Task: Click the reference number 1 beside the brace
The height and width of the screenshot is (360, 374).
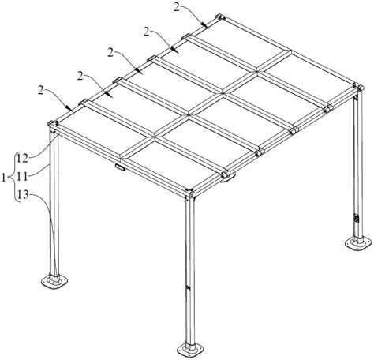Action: coord(3,178)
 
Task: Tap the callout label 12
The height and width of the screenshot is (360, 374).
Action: coord(23,159)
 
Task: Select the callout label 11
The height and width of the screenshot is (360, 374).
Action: coord(22,177)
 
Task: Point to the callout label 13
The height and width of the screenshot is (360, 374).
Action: coord(23,195)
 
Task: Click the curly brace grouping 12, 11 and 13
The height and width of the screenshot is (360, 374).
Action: coord(13,177)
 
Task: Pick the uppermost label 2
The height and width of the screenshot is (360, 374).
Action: coord(177,7)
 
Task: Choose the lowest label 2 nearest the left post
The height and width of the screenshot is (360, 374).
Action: coord(41,90)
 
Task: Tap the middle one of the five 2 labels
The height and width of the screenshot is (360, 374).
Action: coord(110,53)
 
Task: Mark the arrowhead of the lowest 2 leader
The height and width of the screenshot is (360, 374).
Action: coord(69,109)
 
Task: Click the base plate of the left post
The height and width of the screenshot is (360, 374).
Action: coord(54,282)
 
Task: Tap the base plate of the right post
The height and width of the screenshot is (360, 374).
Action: coord(358,243)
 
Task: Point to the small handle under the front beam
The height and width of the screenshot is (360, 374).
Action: coord(119,167)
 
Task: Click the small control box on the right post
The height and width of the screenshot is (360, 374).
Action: coord(357,219)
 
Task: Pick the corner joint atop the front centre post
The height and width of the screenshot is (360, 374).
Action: coord(190,193)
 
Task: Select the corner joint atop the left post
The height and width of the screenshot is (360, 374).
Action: coord(53,125)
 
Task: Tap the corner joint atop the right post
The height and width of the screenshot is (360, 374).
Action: coord(359,87)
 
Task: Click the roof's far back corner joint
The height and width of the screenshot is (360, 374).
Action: coord(221,17)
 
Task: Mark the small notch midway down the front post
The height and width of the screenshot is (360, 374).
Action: coord(188,287)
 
